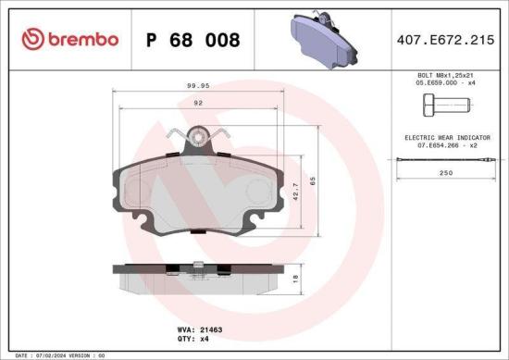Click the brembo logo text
tap(81, 39)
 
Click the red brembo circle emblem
tap(33, 39)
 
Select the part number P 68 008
tap(192, 40)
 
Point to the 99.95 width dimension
tap(198, 85)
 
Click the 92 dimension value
tap(197, 105)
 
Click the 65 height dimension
tap(312, 182)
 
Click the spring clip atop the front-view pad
tap(196, 140)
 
